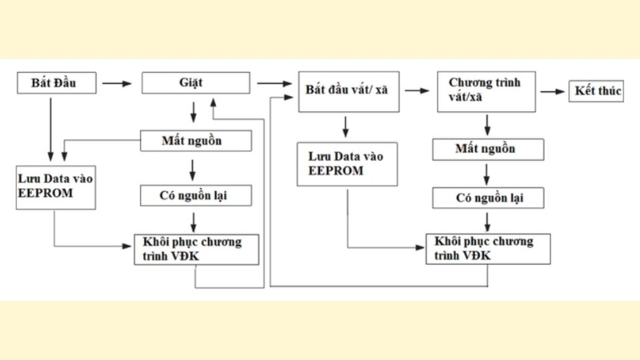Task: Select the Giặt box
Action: pos(197,82)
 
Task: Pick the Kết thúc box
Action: pos(595,92)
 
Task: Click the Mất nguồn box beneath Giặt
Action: pos(197,141)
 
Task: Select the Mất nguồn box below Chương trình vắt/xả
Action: pos(486,149)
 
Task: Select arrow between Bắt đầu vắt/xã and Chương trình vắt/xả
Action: pos(417,92)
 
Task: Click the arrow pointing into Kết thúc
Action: pos(552,92)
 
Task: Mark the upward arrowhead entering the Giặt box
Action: pos(212,101)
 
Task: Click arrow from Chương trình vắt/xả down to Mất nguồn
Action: pos(486,124)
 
